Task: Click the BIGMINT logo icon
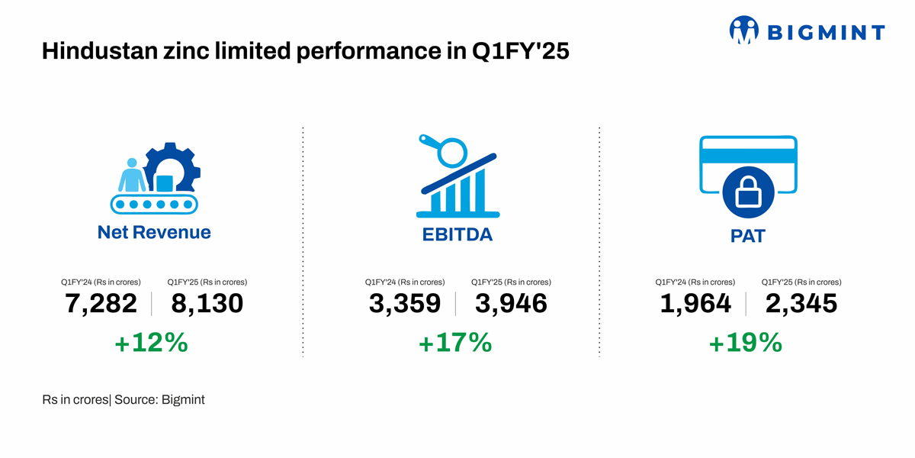coord(744,31)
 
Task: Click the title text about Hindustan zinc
coord(305,52)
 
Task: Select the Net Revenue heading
coord(154,232)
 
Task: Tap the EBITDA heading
coord(457,234)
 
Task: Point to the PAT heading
coord(747,236)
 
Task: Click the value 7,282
coord(101,304)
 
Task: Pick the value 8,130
coord(207,304)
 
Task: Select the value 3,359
coord(405,304)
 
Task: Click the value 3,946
coord(511,304)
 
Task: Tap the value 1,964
coord(695,304)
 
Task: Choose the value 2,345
coord(801,304)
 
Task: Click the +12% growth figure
coord(151,343)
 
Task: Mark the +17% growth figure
coord(455,343)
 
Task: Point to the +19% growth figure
coord(746,343)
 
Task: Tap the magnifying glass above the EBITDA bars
coord(453,150)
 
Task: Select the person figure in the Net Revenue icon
coord(133,176)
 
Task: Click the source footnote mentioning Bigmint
coord(124,399)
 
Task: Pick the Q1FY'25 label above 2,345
coord(801,282)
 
